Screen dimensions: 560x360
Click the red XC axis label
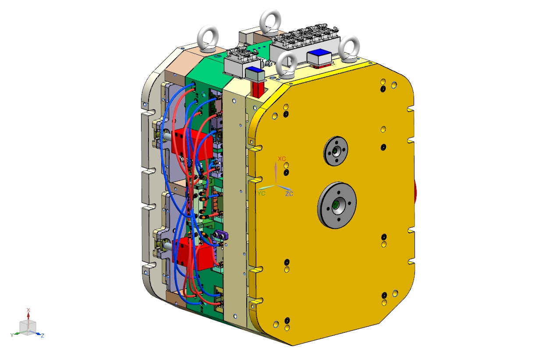(282, 159)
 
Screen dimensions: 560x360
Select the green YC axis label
(261, 193)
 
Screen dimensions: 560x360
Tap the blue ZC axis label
(289, 194)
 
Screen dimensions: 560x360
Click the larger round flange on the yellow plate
(337, 205)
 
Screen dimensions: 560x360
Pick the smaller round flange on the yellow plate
(336, 151)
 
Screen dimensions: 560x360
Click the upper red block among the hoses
(192, 145)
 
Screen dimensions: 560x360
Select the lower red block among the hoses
(193, 254)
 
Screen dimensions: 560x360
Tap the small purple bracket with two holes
(220, 235)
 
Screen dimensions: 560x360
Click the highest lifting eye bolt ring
(270, 21)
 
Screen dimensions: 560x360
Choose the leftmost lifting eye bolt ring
(208, 38)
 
